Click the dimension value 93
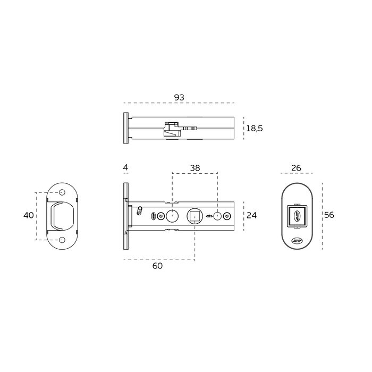point(179,97)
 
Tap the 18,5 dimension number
point(255,129)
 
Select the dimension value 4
point(126,167)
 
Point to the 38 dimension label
point(195,168)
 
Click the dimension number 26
point(296,168)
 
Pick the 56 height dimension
point(329,215)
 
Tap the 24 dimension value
point(251,215)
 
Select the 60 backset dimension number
point(157,266)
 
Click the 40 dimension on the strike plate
point(29,215)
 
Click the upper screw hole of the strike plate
point(62,192)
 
